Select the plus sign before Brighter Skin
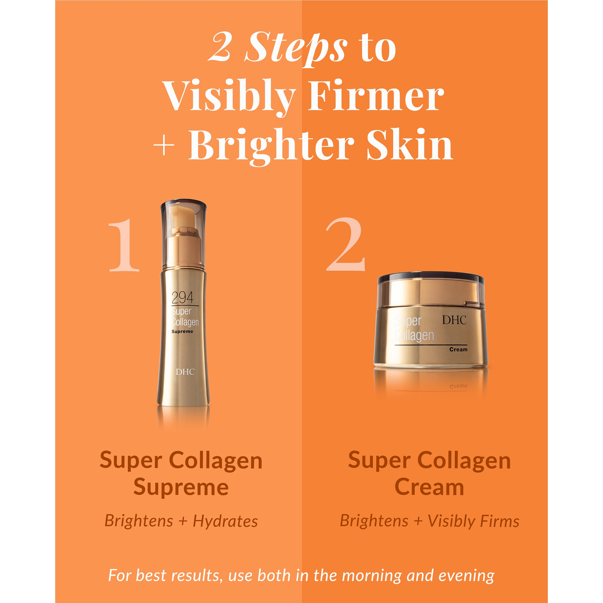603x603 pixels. [163, 146]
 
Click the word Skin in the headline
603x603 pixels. [409, 145]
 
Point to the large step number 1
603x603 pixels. [124, 245]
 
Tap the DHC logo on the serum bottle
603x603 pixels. [185, 372]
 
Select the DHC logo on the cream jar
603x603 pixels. [454, 320]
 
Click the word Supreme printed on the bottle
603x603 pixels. [182, 331]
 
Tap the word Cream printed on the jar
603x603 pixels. [458, 349]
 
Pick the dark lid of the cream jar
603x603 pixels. [431, 278]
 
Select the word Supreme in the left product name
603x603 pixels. [181, 487]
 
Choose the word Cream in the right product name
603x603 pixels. [429, 487]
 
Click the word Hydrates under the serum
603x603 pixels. [225, 521]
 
